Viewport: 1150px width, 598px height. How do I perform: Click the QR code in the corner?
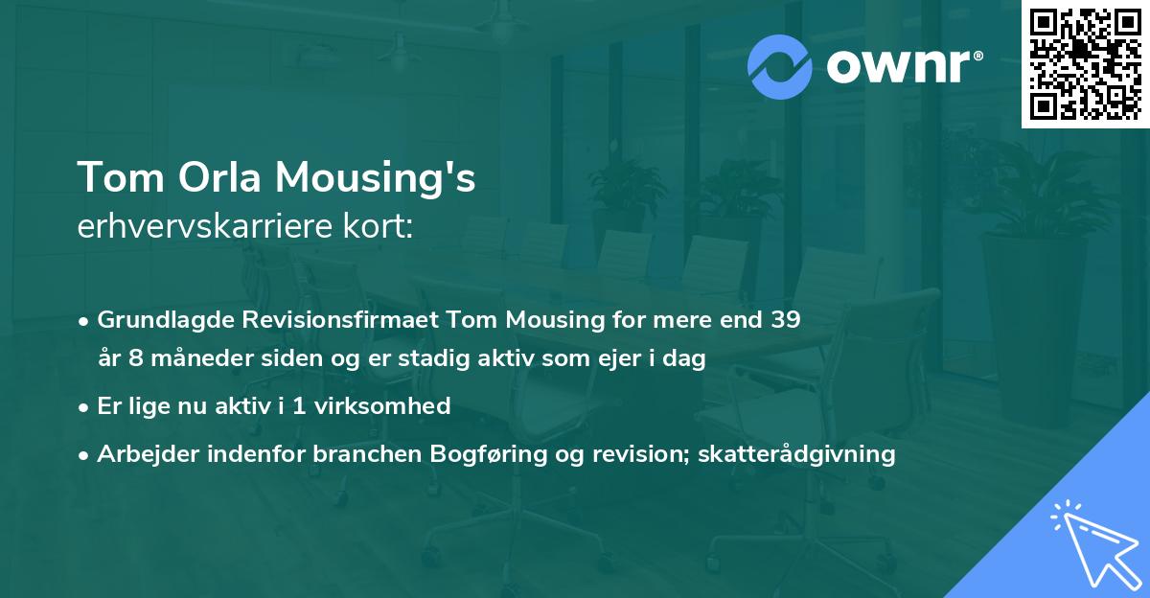pyautogui.click(x=1085, y=64)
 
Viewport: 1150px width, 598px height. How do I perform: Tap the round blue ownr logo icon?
pyautogui.click(x=780, y=67)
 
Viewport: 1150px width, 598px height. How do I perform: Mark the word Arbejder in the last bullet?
pyautogui.click(x=142, y=454)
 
